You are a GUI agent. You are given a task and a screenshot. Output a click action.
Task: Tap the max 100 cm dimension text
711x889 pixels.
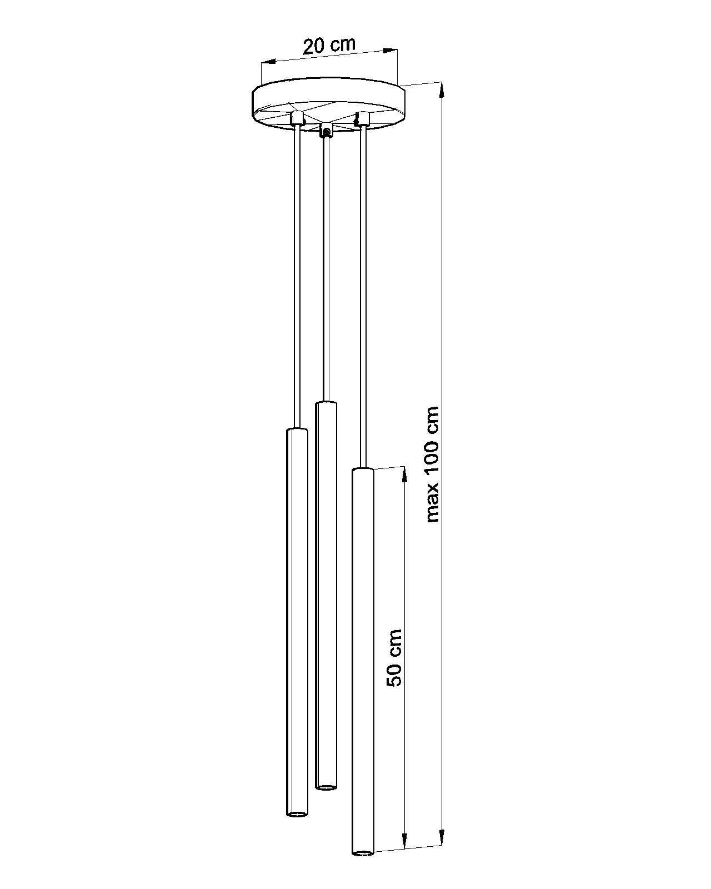click(x=432, y=465)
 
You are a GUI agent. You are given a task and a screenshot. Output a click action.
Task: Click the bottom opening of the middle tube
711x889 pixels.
click(x=326, y=787)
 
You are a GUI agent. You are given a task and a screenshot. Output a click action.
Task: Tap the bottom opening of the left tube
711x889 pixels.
click(x=297, y=814)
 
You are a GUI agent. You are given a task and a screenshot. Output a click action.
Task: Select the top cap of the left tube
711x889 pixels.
click(x=297, y=430)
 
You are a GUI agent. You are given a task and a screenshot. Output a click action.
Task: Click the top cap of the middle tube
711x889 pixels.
click(x=326, y=403)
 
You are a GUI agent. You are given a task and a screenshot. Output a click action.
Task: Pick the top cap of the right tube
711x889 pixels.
click(x=363, y=471)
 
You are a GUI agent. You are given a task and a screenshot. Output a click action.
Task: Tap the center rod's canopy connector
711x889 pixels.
click(x=327, y=131)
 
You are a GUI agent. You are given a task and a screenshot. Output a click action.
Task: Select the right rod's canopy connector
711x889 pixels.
click(x=363, y=118)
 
